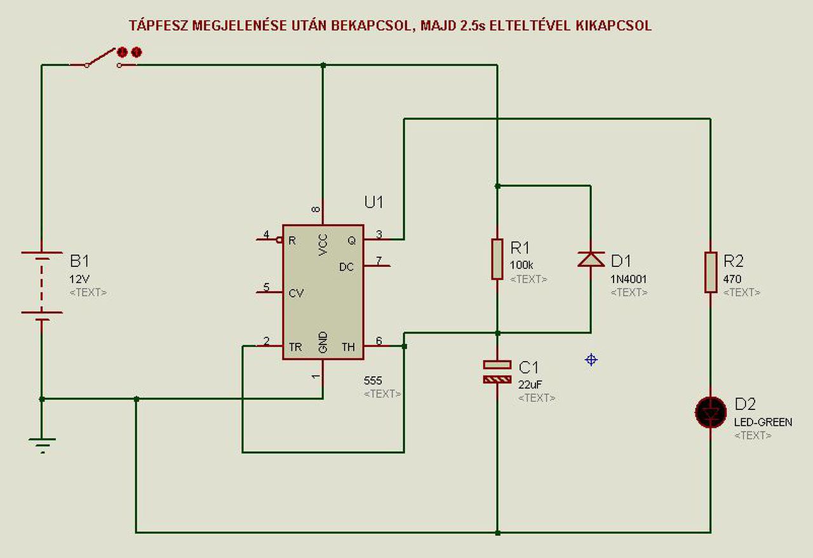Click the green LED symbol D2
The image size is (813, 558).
(710, 412)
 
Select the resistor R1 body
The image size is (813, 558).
(497, 259)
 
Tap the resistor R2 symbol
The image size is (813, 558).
(711, 272)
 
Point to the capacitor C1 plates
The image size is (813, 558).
(497, 372)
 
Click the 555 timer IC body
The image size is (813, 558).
(323, 292)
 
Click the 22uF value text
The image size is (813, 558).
(530, 384)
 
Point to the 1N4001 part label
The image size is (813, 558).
(629, 278)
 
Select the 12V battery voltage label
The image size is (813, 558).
(79, 278)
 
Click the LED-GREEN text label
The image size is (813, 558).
(763, 422)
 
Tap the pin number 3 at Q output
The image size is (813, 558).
(379, 235)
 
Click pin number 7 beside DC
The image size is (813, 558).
(379, 261)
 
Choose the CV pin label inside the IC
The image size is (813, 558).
(296, 294)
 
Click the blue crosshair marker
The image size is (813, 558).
(591, 360)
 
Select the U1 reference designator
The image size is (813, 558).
(374, 203)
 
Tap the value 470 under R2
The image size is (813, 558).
(732, 278)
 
